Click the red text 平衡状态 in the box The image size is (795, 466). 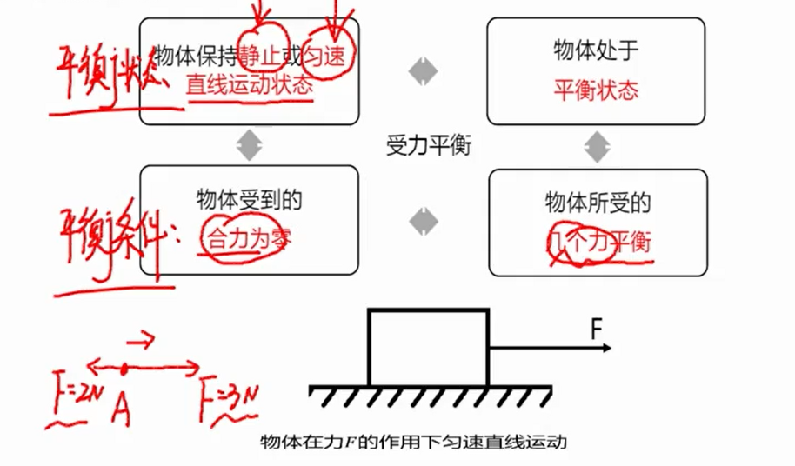pos(596,88)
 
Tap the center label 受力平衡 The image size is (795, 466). pos(428,145)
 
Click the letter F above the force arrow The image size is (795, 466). pos(597,330)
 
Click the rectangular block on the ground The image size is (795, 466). pos(428,347)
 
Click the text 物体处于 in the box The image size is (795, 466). pos(596,50)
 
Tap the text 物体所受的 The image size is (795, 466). pos(598,203)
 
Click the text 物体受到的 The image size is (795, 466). pos(249,200)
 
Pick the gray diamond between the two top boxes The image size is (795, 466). pos(421,70)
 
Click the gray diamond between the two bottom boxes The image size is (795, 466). pos(424,222)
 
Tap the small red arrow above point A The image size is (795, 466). pos(143,336)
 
